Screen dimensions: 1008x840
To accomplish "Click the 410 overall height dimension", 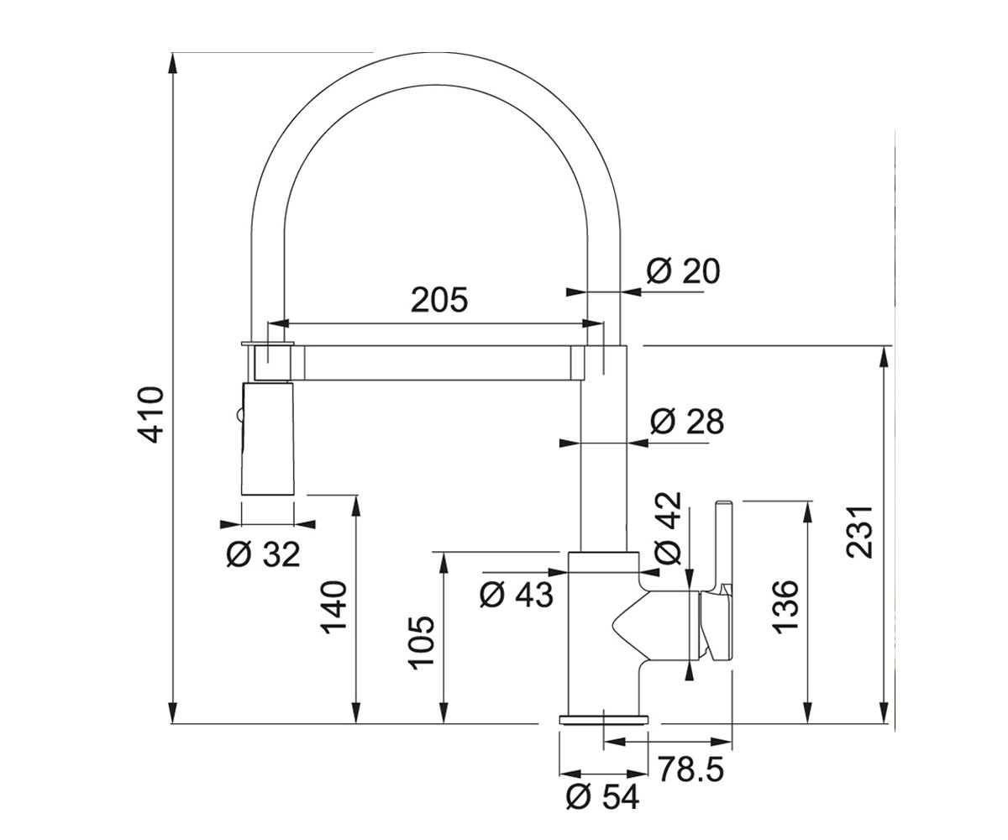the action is [x=150, y=415].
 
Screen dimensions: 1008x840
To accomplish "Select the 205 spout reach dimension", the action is [x=439, y=300].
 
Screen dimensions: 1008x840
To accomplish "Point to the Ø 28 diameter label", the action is [x=687, y=422].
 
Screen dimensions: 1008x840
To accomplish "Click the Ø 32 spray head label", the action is [x=264, y=554].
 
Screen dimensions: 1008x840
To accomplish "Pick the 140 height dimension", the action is [x=333, y=607].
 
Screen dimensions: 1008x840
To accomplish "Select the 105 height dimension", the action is [x=422, y=643].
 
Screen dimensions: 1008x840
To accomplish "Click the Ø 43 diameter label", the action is [x=516, y=595].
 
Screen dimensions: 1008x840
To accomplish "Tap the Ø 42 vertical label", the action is [x=667, y=528].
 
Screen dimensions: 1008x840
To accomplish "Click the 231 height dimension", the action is [x=860, y=532].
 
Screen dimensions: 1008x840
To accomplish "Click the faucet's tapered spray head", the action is [x=267, y=438].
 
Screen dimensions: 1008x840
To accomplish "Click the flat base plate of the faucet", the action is [x=603, y=720].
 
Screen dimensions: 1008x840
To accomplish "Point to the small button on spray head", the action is [x=237, y=415].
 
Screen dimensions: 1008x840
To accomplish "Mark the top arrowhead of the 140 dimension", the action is [x=356, y=506].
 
